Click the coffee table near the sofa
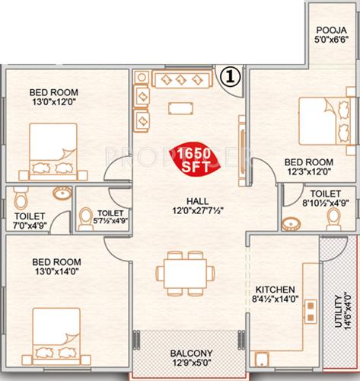click(180, 107)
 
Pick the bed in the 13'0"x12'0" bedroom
click(49, 152)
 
